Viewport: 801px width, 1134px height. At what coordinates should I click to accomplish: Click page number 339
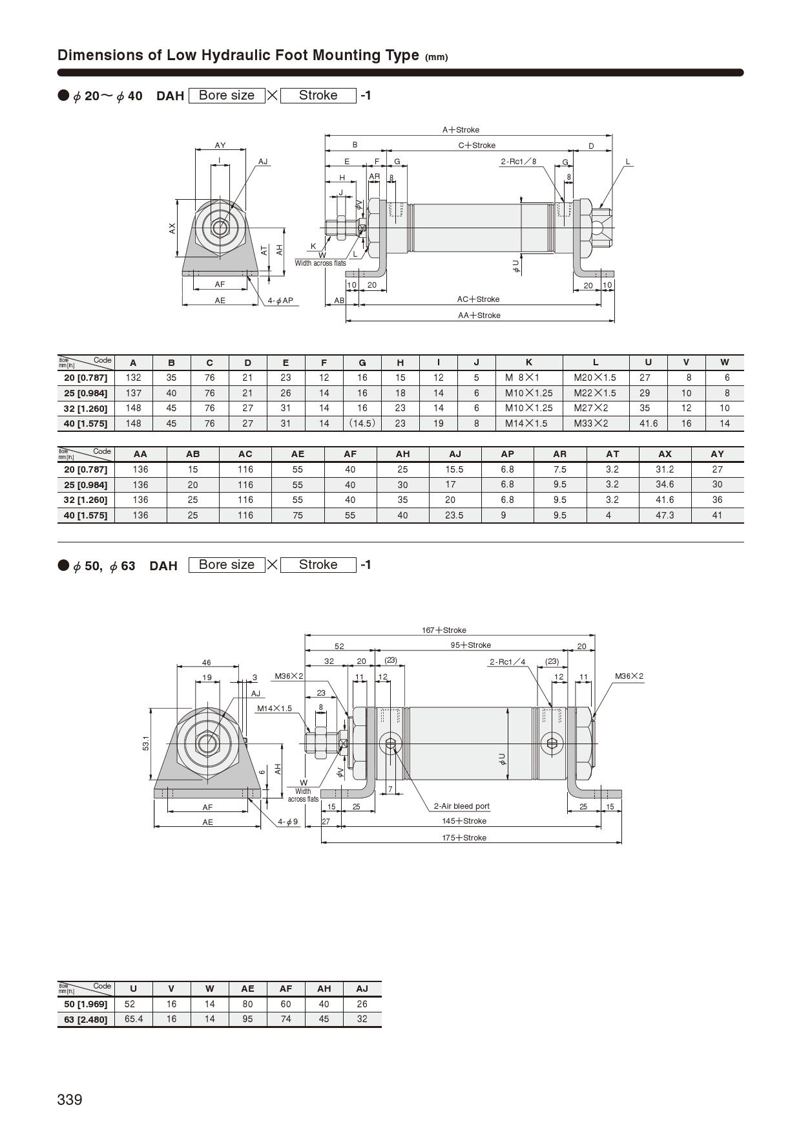pos(70,1100)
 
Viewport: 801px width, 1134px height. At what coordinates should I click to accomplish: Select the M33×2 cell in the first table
pos(591,423)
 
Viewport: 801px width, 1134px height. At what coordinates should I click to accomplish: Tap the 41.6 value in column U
pos(648,423)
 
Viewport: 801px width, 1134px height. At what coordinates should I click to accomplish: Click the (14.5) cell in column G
pos(362,423)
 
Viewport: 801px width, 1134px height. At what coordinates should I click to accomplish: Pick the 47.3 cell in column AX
pos(665,515)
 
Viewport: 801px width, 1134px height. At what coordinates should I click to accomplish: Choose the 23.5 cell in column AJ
pos(454,515)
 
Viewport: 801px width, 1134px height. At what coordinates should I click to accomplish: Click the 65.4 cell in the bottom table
pos(133,1019)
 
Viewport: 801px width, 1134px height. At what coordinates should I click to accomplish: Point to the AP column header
pos(507,454)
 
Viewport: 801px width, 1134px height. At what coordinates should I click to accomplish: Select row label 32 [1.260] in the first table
pos(85,408)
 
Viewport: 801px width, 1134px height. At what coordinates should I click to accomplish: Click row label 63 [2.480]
pos(85,1019)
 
